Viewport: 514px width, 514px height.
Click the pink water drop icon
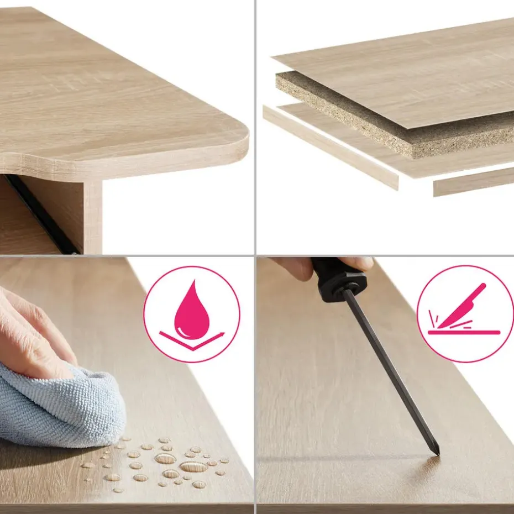point(192,311)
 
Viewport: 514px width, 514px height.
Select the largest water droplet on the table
point(193,467)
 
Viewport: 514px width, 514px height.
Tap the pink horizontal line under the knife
point(464,333)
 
